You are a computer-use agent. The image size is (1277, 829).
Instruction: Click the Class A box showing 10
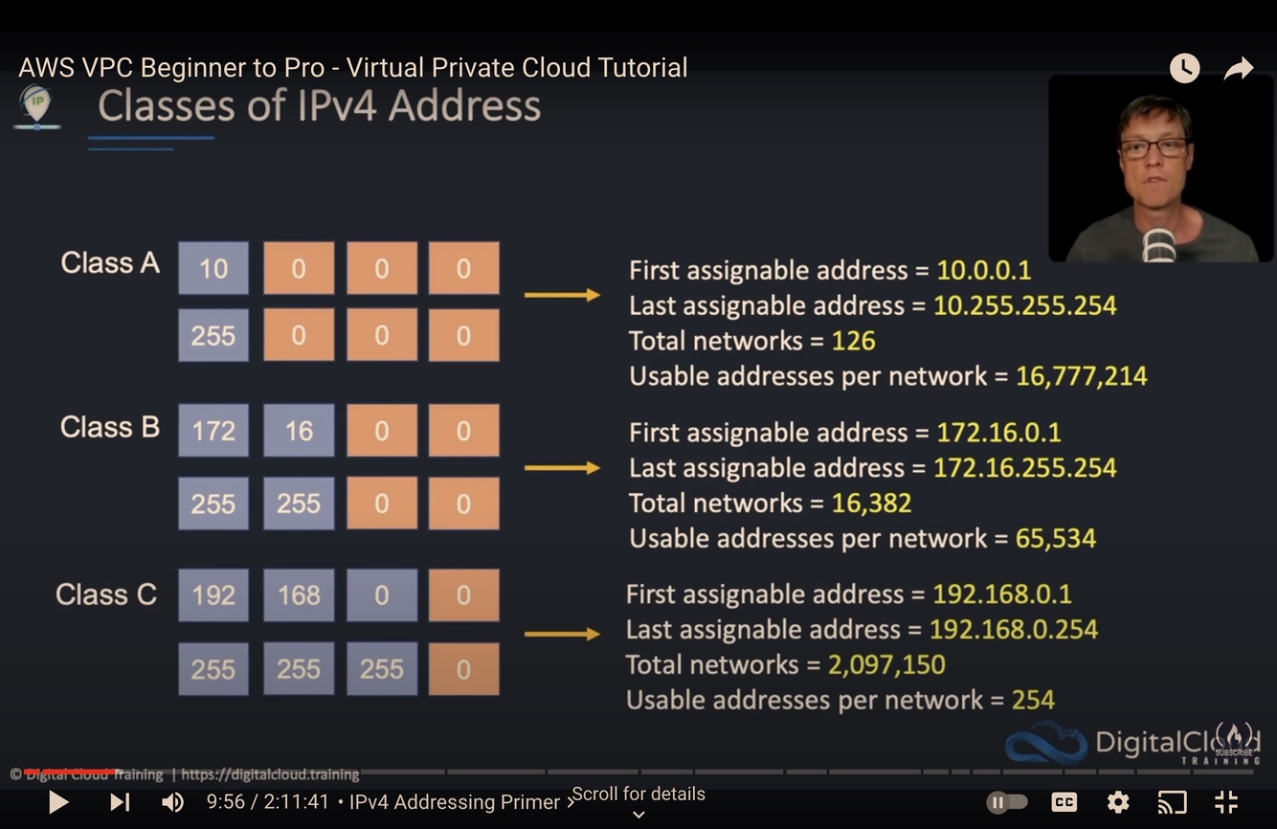pos(213,268)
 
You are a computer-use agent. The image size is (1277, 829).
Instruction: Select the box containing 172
pos(213,431)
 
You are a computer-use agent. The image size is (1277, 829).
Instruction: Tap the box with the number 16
pos(299,431)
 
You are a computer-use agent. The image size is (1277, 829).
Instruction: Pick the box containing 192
pos(213,595)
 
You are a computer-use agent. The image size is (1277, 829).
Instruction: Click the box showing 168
pos(299,595)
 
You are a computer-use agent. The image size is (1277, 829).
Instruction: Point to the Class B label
pos(109,427)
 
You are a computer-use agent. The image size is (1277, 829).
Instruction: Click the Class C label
pos(105,594)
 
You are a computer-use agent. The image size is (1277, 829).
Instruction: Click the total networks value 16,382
pos(871,503)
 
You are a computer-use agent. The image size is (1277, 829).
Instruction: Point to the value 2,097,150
pos(886,664)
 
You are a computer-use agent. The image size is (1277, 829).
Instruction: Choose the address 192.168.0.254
pos(1014,629)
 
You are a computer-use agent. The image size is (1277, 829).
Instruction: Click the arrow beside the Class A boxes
pos(562,295)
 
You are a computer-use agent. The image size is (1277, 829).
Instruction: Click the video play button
pos(58,802)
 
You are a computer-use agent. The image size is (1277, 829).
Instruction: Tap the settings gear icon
pos(1117,802)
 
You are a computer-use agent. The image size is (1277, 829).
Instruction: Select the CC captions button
pos(1064,802)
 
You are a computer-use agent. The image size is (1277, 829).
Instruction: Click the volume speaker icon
pos(172,802)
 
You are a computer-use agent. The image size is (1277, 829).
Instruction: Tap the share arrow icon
pos(1239,69)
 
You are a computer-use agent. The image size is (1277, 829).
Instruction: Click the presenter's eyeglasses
pos(1154,148)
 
